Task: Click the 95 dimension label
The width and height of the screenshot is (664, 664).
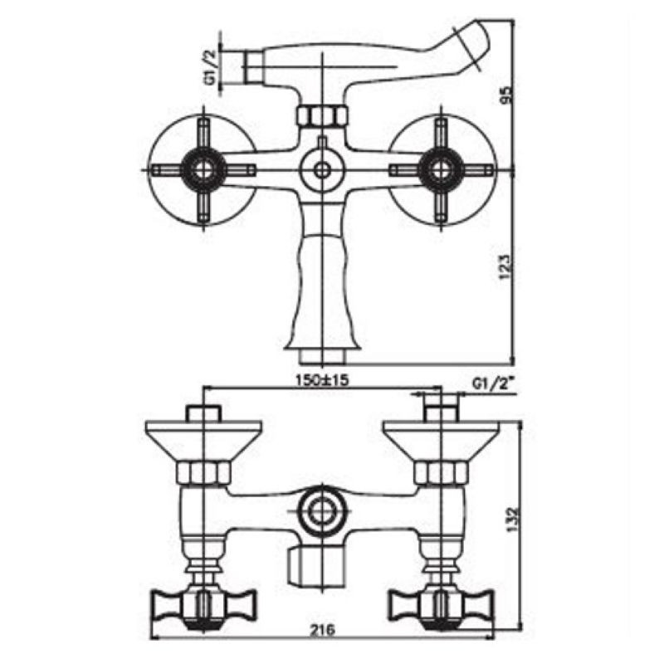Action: (x=506, y=94)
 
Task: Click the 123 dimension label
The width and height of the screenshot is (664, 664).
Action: (x=506, y=266)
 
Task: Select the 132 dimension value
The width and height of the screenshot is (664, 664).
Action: (x=513, y=520)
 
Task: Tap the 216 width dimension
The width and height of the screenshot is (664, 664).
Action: (x=323, y=630)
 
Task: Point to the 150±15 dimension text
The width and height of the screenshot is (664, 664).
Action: (x=322, y=380)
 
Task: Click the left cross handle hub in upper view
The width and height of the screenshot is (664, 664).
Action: (x=203, y=170)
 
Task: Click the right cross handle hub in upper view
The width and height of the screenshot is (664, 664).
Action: (x=441, y=170)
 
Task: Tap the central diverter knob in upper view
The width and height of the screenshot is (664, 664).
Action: (x=322, y=170)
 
